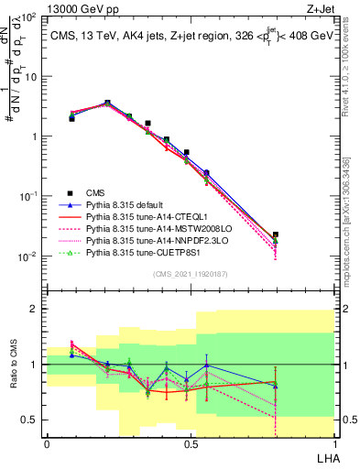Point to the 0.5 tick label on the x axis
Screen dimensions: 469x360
[190, 443]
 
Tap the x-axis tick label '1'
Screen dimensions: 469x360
[333, 443]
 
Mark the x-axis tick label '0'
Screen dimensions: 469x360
[47, 443]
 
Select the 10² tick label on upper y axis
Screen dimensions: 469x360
[30, 18]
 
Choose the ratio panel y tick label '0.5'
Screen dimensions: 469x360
[32, 420]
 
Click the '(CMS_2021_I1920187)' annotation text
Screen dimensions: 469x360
[190, 274]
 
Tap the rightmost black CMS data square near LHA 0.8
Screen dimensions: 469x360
[276, 235]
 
